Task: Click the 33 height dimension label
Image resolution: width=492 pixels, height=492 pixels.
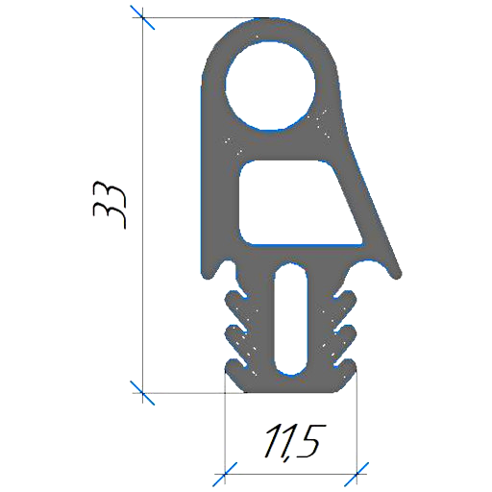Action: (x=109, y=205)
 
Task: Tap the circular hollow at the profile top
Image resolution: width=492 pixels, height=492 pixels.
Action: (x=271, y=86)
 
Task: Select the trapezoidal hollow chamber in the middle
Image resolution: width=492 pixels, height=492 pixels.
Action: (x=300, y=203)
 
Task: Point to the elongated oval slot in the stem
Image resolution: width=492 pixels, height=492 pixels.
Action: (x=291, y=319)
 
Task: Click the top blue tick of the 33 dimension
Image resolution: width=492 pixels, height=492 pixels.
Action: (x=143, y=18)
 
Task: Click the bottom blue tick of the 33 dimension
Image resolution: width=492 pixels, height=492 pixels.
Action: (x=143, y=393)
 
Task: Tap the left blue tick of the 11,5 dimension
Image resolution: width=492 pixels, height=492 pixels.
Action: (x=225, y=474)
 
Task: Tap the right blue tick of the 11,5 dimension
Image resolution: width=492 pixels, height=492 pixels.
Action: (x=357, y=474)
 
